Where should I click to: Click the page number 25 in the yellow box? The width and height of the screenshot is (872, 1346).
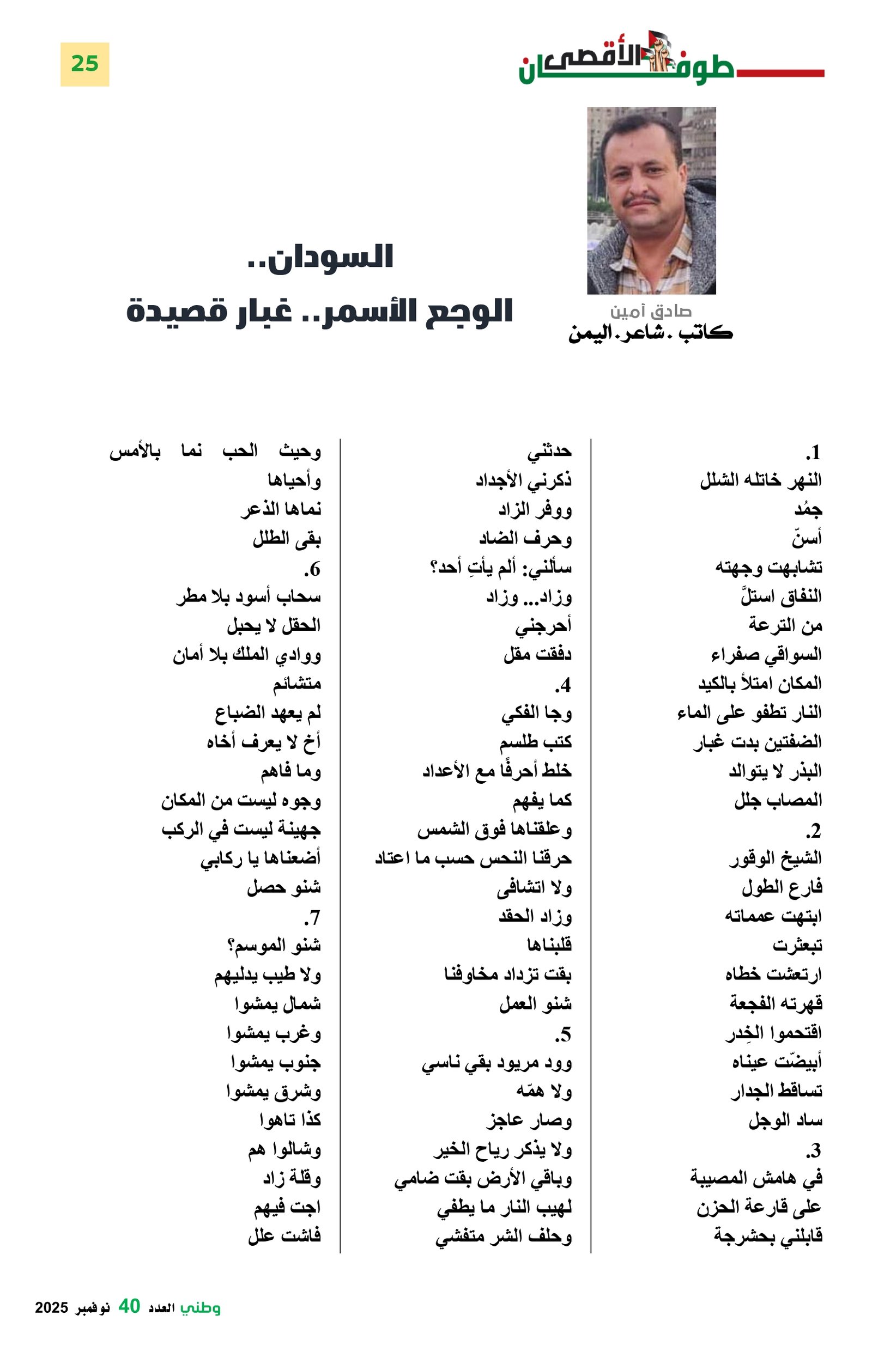[x=84, y=64]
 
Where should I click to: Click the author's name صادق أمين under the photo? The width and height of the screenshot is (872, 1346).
[x=650, y=310]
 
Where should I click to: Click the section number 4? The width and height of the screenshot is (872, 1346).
[x=562, y=685]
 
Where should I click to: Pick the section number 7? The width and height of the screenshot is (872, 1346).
[x=312, y=917]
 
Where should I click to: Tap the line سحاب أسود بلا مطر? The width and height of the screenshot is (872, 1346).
[x=249, y=596]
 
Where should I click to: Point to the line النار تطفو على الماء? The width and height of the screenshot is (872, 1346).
[x=749, y=713]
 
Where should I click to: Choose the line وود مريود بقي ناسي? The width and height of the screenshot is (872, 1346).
[x=496, y=1063]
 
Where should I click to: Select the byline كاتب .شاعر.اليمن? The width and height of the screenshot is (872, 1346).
[x=650, y=332]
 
